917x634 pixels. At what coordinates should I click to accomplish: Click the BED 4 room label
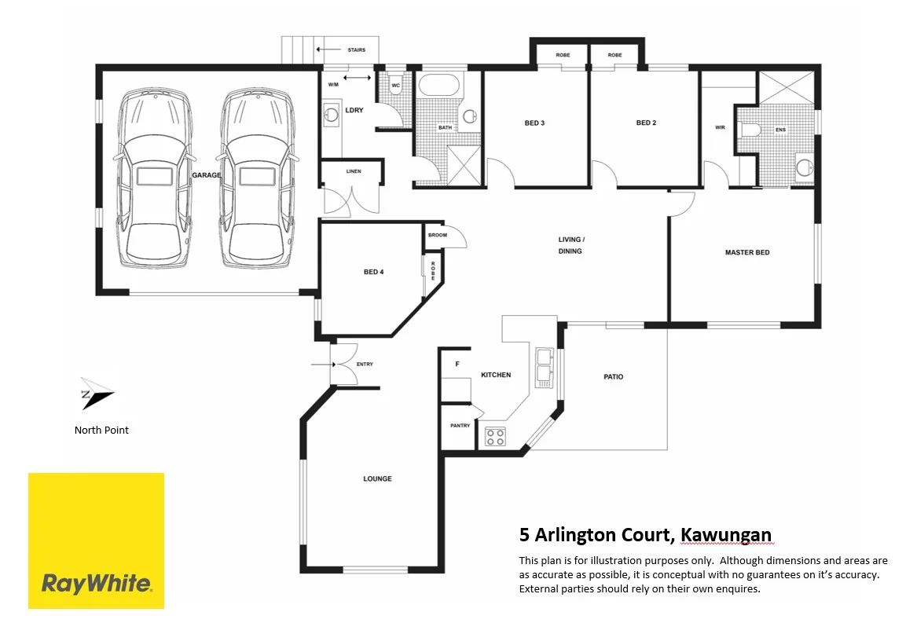tap(373, 272)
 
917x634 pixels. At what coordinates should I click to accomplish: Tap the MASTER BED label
tap(746, 252)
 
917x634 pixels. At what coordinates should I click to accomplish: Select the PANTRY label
tap(460, 426)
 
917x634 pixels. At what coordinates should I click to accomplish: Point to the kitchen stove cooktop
tap(495, 437)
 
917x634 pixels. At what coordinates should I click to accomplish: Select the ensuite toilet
tap(750, 130)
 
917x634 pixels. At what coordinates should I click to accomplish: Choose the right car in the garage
tap(257, 179)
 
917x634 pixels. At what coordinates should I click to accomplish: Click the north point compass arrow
tap(95, 395)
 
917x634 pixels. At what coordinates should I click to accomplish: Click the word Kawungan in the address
tap(726, 536)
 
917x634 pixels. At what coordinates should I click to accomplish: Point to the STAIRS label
tap(356, 49)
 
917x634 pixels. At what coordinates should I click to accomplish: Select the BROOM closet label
tap(437, 235)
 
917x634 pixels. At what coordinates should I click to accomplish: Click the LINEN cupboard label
tap(353, 170)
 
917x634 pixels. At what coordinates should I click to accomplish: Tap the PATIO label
tap(614, 377)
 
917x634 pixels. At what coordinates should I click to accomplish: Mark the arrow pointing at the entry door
tap(321, 365)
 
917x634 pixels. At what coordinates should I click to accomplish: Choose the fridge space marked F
tap(457, 365)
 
